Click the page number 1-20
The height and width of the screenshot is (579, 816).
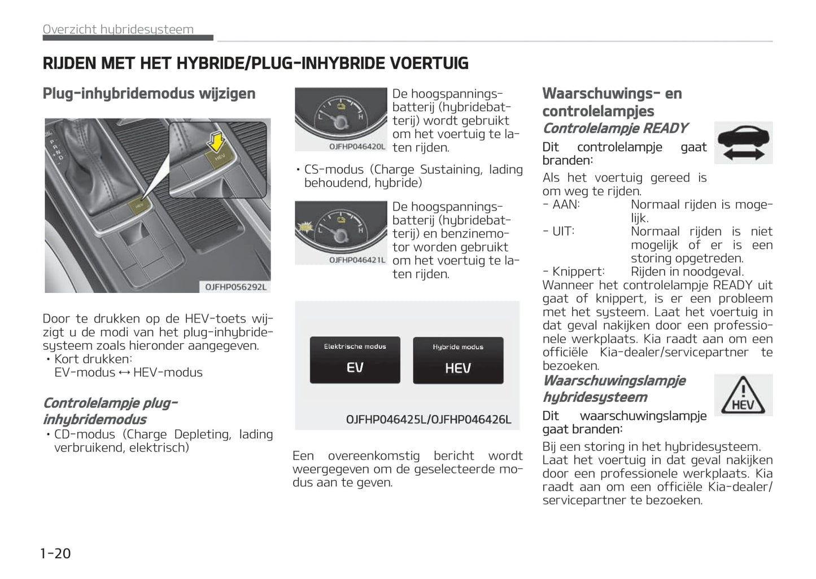(55, 553)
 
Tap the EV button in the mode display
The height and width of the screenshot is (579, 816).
(355, 360)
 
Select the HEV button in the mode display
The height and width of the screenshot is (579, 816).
(458, 361)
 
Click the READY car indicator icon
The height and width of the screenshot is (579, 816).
(743, 143)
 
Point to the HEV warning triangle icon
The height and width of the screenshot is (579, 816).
(743, 395)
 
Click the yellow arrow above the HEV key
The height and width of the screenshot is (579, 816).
(216, 141)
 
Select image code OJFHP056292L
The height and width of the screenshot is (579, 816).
(235, 287)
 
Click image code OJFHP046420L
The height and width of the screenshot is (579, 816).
(357, 147)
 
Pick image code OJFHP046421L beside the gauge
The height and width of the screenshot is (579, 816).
(357, 260)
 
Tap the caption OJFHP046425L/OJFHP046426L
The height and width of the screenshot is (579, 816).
(428, 419)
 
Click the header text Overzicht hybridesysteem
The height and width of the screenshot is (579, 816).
(118, 29)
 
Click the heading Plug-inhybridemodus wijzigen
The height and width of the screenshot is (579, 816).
(149, 94)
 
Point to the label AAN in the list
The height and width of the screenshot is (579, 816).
(566, 204)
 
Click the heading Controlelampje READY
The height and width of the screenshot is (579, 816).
(615, 129)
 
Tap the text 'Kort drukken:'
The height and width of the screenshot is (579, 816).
(93, 359)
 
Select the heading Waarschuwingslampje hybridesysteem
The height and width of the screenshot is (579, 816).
(614, 389)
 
